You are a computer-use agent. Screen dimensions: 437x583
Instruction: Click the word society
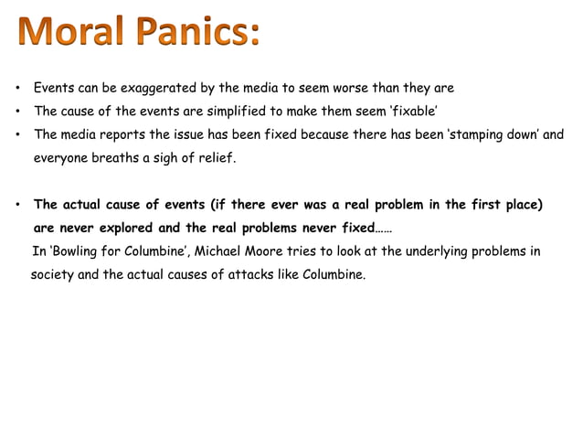[x=52, y=273]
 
